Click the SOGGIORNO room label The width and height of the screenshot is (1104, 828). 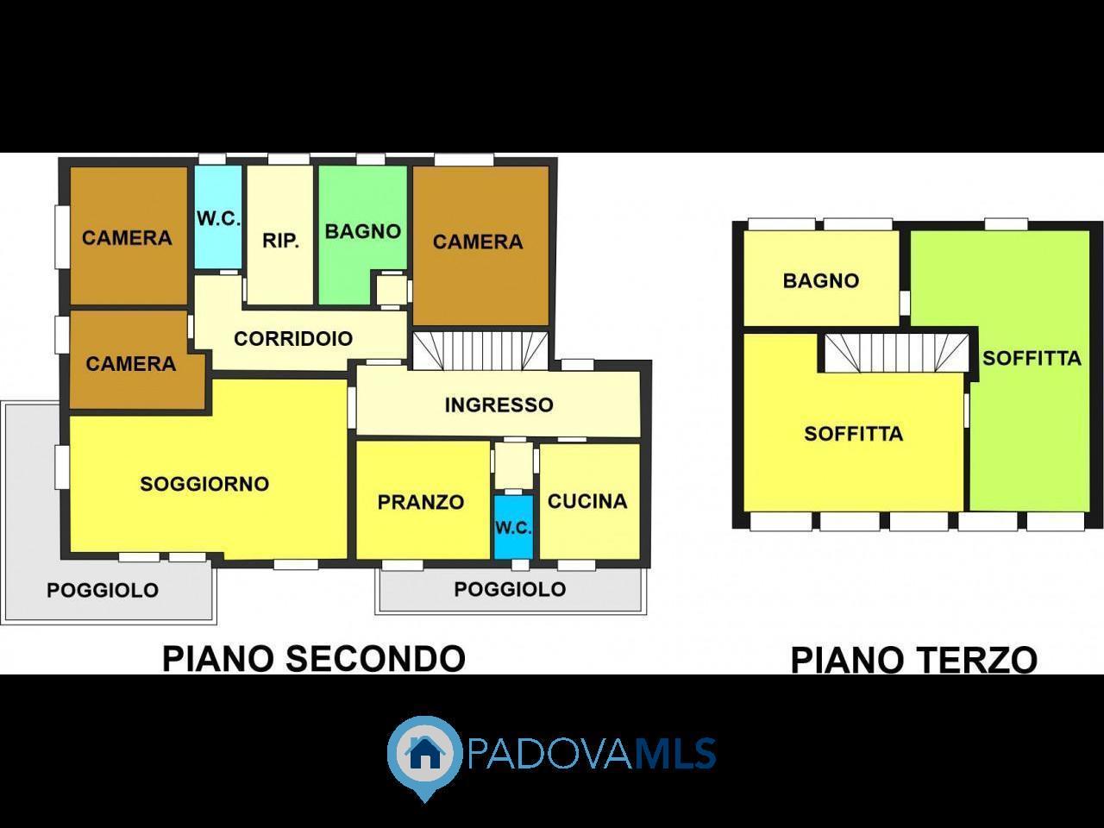[x=204, y=484]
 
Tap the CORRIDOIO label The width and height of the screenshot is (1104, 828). [x=293, y=338]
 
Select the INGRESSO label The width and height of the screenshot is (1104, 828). [x=499, y=405]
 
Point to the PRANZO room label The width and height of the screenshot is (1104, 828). [x=421, y=502]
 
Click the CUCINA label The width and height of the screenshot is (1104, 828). [x=587, y=501]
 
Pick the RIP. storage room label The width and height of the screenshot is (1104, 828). [x=280, y=241]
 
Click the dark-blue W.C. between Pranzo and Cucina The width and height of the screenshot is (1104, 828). [x=513, y=527]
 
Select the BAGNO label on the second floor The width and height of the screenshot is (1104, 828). [x=362, y=232]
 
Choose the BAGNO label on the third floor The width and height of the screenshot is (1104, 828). [x=821, y=280]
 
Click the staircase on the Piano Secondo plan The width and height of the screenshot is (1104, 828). [x=480, y=351]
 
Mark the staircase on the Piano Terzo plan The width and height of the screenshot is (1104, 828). [x=897, y=354]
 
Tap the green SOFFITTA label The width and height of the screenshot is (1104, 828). [x=1032, y=359]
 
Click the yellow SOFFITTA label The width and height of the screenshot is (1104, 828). [x=854, y=433]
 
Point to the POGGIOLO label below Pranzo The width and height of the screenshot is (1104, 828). [x=510, y=589]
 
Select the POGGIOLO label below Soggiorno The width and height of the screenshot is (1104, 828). [x=103, y=590]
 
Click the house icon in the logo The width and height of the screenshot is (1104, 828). [x=424, y=752]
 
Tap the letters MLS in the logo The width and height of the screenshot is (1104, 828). [x=674, y=753]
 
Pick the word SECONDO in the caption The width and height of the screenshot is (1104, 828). [x=376, y=659]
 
